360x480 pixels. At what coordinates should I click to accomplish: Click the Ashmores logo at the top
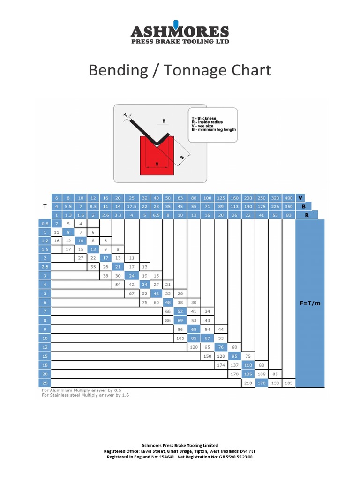(x=180, y=33)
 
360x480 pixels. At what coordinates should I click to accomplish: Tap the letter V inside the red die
(x=157, y=164)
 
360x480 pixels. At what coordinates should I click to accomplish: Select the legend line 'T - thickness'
(x=204, y=118)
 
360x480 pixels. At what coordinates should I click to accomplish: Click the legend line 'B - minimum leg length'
(x=214, y=129)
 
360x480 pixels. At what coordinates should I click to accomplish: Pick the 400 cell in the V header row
(x=288, y=198)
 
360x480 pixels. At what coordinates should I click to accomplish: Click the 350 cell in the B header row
(x=288, y=206)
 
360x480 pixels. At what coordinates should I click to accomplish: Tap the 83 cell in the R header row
(x=288, y=215)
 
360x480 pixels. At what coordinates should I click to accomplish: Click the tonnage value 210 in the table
(x=248, y=383)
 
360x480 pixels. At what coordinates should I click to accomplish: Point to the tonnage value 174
(x=221, y=364)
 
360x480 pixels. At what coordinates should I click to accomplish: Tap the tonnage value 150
(x=207, y=356)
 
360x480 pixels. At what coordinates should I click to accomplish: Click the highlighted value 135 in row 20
(x=248, y=374)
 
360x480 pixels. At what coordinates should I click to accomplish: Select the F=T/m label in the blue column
(x=310, y=303)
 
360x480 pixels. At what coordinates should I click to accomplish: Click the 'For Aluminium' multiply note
(x=84, y=390)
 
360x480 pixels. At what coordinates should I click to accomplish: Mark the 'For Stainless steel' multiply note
(x=85, y=395)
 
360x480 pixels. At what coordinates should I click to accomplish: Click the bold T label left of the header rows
(x=45, y=206)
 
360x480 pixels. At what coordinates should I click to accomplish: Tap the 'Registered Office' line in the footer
(x=180, y=451)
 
